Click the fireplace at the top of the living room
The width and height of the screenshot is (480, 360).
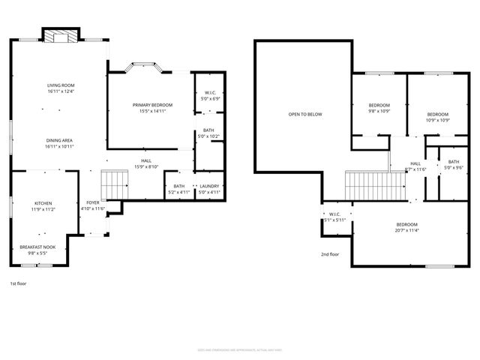click(x=59, y=37)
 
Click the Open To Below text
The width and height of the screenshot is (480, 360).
click(x=304, y=114)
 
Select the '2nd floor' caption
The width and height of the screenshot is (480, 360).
click(x=330, y=253)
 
